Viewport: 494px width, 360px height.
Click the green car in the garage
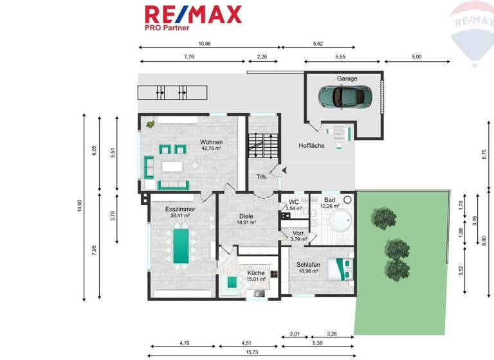tap(345, 96)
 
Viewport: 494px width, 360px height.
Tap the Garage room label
tap(347, 78)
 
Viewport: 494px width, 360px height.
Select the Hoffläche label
tap(311, 146)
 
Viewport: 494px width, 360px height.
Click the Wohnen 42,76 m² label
tap(210, 145)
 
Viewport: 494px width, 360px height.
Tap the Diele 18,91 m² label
tap(246, 219)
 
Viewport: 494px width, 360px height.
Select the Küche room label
tap(255, 276)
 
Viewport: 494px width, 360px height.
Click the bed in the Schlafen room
tap(339, 268)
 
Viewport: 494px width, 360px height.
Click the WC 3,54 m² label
tap(293, 205)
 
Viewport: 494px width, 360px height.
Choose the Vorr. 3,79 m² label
tap(298, 236)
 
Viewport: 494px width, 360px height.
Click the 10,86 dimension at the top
tap(205, 44)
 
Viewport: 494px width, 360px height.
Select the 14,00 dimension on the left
tap(80, 205)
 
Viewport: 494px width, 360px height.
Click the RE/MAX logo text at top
tap(193, 14)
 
